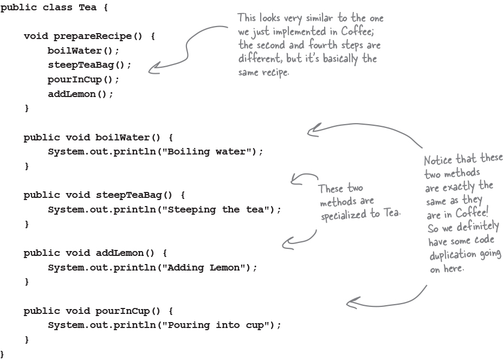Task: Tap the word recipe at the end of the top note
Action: (x=276, y=72)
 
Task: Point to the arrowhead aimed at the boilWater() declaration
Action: (x=311, y=130)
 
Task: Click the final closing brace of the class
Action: (x=2, y=354)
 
